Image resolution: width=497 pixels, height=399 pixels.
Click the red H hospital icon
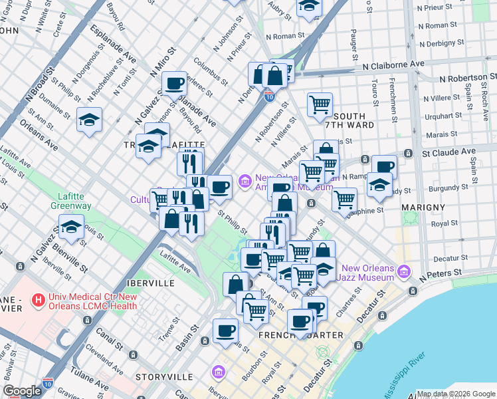[x=39, y=301]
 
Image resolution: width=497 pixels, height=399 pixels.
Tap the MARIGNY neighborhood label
[x=423, y=207]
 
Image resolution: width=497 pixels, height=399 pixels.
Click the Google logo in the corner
[x=22, y=391]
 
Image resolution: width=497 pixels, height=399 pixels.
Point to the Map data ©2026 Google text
[x=456, y=394]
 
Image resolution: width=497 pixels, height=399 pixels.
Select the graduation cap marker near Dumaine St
[x=89, y=120]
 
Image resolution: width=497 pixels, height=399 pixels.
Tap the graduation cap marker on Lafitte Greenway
[x=71, y=227]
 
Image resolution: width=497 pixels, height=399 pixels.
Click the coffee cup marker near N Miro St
[x=174, y=84]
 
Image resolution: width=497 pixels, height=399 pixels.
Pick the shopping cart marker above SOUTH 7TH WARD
[x=320, y=104]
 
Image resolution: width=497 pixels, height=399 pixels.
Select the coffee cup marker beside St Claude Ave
[x=384, y=167]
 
